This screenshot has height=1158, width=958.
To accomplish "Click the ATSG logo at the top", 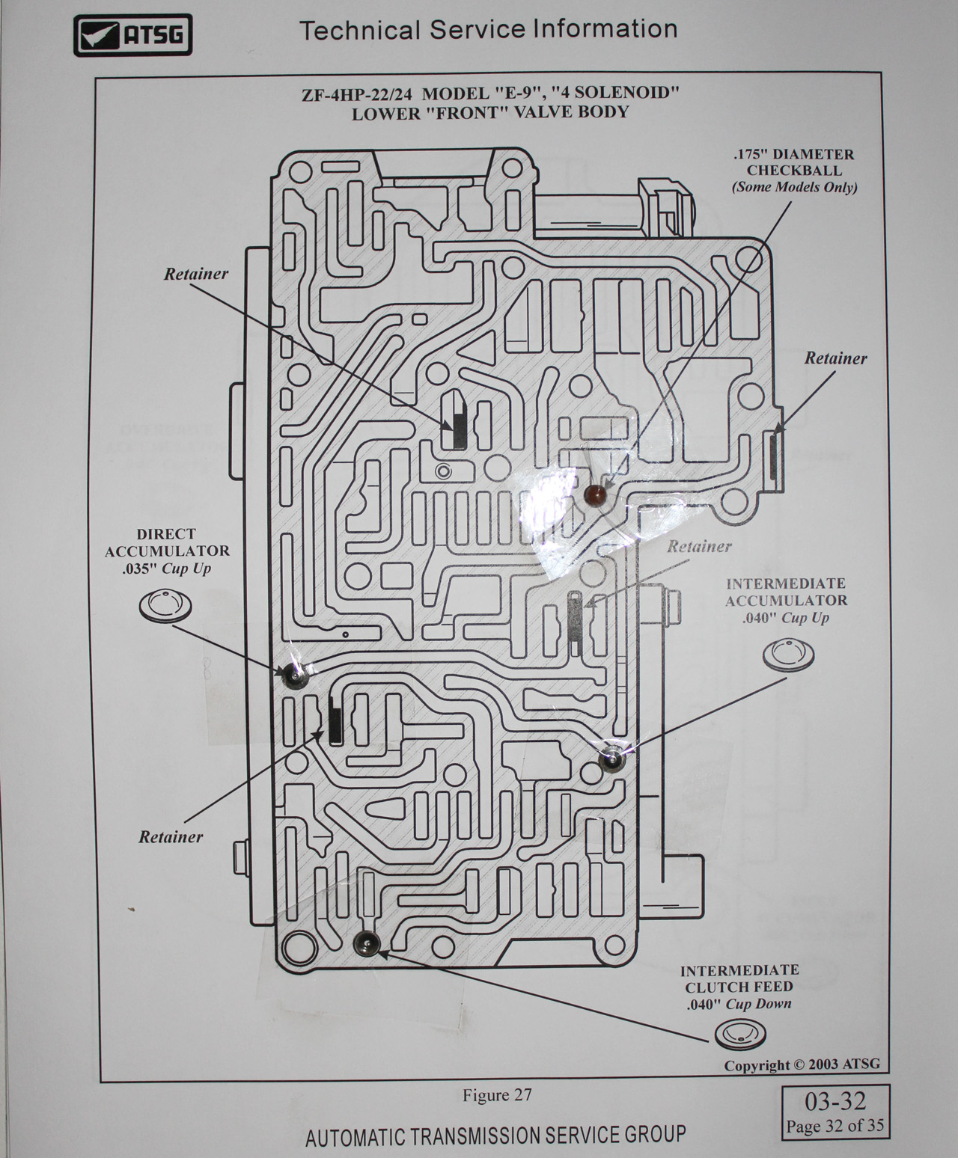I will coord(132,35).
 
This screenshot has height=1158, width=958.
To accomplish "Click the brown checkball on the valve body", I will coord(594,494).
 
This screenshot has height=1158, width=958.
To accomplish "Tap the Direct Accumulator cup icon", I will coord(165,604).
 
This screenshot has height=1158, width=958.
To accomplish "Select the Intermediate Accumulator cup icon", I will coord(788,654).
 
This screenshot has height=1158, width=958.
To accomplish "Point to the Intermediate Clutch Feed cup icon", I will coord(740,1035).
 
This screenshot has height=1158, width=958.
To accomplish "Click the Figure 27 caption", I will coord(496,1094).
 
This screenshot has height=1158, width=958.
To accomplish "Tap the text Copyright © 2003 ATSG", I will coord(802,1064).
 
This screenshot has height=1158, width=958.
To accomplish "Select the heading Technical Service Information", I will coord(488,29).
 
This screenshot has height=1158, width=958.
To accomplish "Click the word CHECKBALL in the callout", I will coord(793,171).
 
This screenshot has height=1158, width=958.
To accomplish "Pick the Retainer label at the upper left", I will coord(196,274).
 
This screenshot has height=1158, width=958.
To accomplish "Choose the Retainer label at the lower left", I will coord(171,837).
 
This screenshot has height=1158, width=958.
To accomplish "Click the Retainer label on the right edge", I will coord(835,358).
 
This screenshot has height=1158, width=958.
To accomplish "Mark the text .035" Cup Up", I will coord(167,568).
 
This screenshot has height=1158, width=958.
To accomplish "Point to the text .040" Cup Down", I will coord(739,1004).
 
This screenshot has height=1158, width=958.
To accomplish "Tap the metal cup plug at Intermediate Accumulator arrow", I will coord(612,759).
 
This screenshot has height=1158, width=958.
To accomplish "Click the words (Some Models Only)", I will coord(794,187).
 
